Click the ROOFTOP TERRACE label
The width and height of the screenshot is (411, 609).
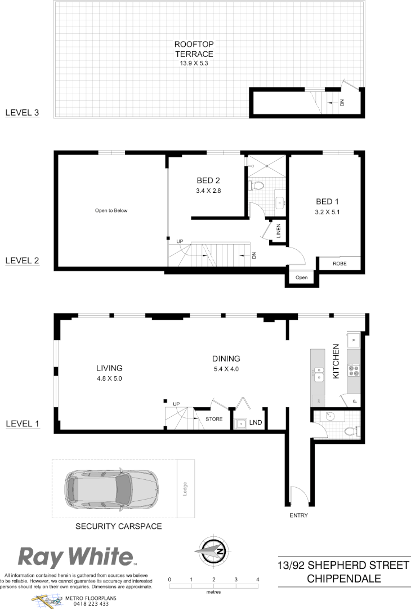194,49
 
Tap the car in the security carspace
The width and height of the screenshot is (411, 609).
111,488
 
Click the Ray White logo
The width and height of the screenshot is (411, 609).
77,557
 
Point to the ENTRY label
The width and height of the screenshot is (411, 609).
298,515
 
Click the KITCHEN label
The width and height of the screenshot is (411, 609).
336,361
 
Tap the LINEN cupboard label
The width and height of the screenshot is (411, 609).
278,231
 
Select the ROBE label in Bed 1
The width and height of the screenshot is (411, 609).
339,263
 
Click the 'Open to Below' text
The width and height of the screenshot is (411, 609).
111,210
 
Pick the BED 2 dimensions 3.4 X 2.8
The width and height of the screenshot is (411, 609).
208,191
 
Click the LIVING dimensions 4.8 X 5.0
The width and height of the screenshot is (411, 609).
109,378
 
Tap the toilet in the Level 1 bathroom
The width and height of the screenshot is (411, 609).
350,432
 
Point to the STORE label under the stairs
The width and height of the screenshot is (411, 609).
214,419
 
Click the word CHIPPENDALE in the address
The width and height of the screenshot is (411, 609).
343,579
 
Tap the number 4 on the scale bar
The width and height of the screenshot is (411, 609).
257,580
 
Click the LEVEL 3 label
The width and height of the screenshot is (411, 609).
22,112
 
